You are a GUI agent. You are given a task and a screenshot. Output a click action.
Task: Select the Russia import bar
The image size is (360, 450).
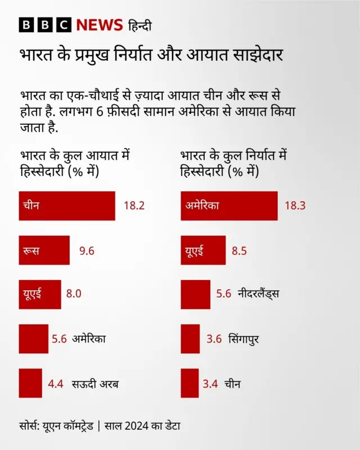(x=44, y=250)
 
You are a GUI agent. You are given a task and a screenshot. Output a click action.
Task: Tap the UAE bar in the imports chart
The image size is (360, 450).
(x=39, y=294)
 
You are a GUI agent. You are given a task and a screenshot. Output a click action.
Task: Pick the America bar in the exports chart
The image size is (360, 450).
(x=229, y=206)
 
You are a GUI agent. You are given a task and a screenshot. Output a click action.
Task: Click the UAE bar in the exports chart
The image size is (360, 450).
(x=202, y=250)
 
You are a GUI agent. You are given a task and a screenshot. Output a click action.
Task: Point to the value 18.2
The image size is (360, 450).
(x=134, y=206)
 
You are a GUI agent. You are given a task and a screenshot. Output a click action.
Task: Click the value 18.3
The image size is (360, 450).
(x=295, y=206)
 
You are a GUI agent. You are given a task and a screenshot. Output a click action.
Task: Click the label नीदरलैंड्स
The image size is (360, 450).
(x=258, y=294)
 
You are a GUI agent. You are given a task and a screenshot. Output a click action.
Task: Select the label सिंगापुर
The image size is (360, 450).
(x=244, y=339)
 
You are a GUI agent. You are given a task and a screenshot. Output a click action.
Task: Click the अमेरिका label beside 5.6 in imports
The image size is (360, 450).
(x=89, y=339)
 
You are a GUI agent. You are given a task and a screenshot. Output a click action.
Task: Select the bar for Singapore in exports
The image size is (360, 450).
(x=190, y=339)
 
